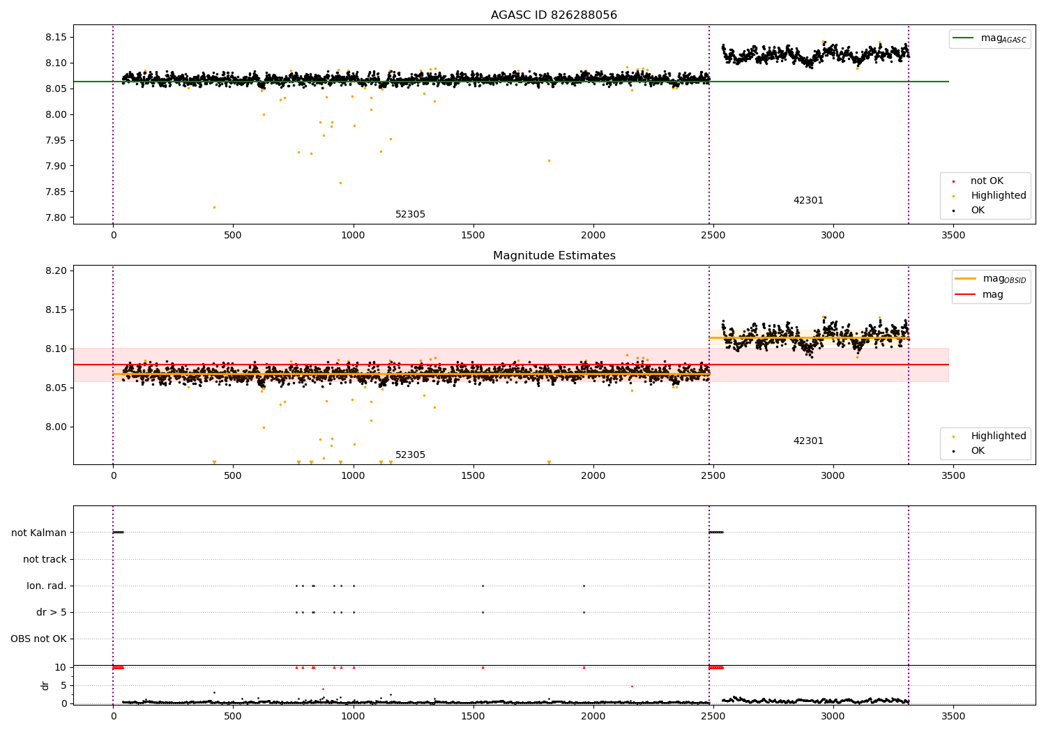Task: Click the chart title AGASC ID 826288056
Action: pos(554,15)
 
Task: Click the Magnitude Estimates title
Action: pos(554,256)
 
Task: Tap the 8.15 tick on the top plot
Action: pos(55,37)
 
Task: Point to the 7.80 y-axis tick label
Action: pos(55,218)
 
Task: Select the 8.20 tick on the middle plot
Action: pos(55,270)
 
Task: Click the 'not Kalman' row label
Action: pos(39,533)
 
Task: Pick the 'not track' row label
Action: pos(45,559)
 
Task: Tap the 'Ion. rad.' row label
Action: pos(47,586)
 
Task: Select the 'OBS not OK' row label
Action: pos(39,639)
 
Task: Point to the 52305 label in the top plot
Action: pos(410,215)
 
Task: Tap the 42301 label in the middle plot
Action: pos(808,441)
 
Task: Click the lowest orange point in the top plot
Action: pos(214,207)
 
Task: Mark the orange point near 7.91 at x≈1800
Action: pos(549,160)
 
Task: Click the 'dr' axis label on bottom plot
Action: pos(45,685)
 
